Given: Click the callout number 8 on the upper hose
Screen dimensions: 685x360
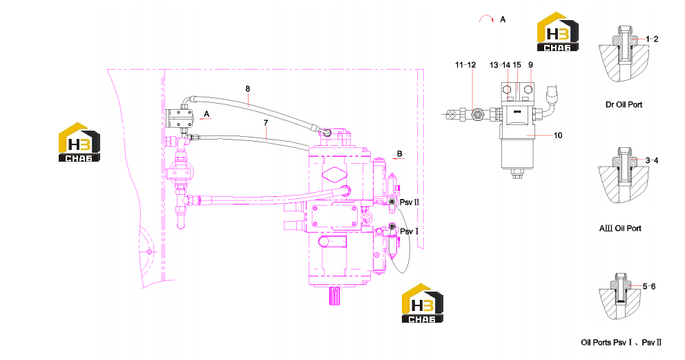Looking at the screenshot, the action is coord(248,88).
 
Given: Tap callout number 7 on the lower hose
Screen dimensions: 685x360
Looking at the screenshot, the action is coord(266,123).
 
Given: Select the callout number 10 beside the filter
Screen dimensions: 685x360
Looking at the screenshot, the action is coord(558,135).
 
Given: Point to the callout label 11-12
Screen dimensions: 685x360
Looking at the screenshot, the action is coord(465,65).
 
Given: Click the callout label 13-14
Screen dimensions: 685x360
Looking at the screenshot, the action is coord(500,65).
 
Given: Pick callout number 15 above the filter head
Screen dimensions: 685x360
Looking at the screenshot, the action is coord(517,65).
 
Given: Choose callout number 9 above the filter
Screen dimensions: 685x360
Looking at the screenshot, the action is coord(530,65).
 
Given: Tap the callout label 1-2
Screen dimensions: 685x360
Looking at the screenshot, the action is coord(652,39).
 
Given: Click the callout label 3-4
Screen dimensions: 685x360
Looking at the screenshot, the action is coord(652,160).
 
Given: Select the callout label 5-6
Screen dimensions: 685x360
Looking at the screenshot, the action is coord(649,287).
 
